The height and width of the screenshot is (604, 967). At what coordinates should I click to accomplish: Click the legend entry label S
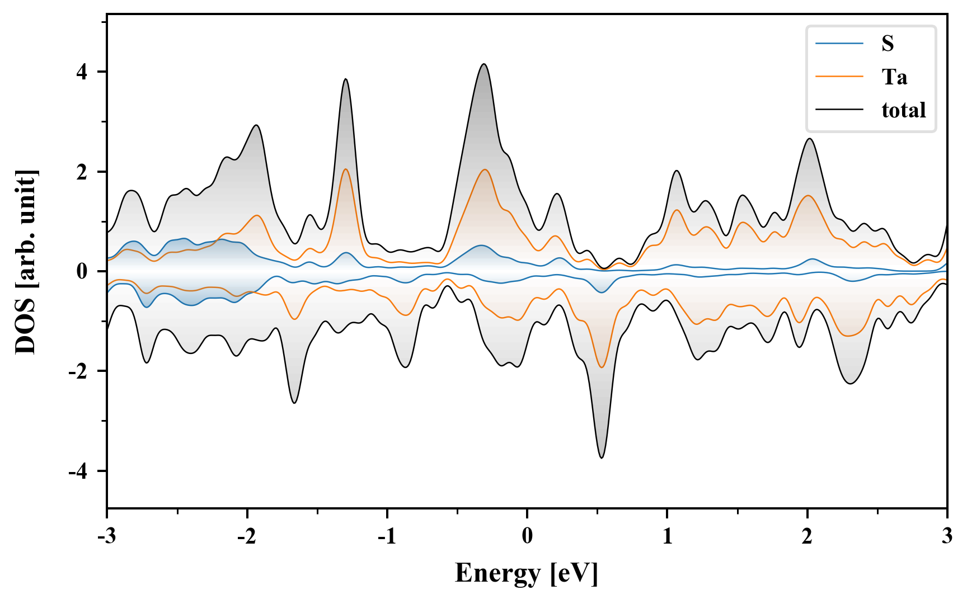point(888,44)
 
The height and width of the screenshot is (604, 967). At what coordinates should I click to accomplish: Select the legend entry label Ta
point(894,77)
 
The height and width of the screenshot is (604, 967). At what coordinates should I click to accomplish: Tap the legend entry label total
point(903,110)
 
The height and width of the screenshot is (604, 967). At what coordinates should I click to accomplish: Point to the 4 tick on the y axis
point(82,72)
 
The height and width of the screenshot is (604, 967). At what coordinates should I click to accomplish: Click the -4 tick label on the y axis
point(78,471)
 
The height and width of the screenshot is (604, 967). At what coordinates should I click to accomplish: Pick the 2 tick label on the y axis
point(82,172)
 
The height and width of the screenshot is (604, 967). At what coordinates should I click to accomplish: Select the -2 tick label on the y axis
point(78,371)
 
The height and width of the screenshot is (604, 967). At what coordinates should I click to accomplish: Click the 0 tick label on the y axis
point(82,272)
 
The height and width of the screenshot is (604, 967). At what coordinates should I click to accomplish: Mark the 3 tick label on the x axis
point(947,536)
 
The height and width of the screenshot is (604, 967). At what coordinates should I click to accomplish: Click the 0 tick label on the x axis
point(527,536)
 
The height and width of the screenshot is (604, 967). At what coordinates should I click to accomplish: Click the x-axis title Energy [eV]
point(527,573)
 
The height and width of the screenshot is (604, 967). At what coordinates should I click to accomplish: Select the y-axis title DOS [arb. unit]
point(26,262)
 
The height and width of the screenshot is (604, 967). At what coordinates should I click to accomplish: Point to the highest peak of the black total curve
point(484,64)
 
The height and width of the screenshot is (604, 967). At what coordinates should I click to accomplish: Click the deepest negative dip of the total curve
point(602,458)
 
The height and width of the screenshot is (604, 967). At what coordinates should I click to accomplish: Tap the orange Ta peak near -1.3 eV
point(345,169)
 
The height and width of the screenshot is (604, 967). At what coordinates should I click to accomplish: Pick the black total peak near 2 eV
point(809,139)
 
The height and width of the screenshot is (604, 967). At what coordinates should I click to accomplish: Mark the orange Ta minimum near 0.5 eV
point(602,367)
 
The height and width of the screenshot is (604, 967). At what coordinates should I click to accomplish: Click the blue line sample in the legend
point(839,44)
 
